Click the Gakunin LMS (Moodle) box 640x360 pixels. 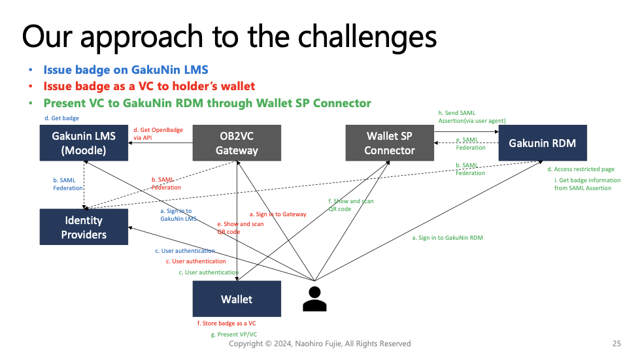point(84,142)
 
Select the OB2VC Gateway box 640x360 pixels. point(237,142)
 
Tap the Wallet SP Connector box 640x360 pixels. point(390,142)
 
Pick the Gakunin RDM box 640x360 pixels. point(543,142)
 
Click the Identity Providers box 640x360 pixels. point(84,227)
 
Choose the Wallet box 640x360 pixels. point(237,299)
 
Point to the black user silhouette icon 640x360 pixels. point(314,299)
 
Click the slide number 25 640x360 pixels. point(616,344)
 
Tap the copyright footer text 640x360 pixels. point(320,344)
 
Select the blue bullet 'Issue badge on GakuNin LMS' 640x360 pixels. point(126,70)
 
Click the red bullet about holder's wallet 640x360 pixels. point(149,86)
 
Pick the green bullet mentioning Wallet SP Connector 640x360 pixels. point(207,103)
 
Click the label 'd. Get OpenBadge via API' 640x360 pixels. point(158,134)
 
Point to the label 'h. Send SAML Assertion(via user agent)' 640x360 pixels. point(472,116)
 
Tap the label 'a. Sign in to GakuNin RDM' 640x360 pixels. point(447,238)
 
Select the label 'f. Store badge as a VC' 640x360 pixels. point(227,323)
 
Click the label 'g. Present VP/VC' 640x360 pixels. point(234,335)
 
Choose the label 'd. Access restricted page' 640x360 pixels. point(581,169)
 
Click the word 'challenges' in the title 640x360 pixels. point(367,37)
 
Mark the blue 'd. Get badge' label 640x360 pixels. point(61,118)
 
